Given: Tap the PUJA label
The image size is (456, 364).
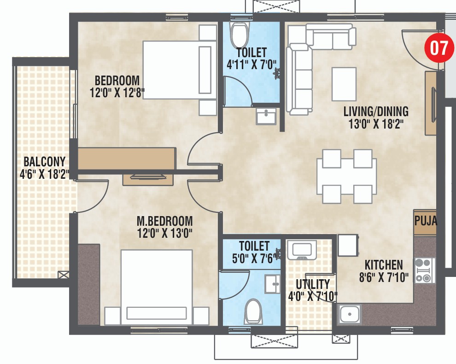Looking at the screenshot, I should pos(425,221).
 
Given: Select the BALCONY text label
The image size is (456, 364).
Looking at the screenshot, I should pos(44,162).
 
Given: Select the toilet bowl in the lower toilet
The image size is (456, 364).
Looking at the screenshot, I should pos(253,311).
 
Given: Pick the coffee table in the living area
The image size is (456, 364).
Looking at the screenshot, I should pos(344,84).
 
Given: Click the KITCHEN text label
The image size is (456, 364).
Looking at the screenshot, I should pos(383,265).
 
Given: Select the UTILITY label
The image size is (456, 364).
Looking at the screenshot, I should pos(312,284).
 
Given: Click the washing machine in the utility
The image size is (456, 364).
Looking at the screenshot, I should pos(302,250).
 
